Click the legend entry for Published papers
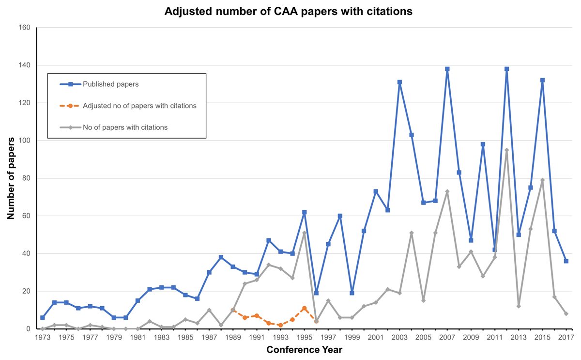point(110,84)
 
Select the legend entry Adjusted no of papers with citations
point(139,106)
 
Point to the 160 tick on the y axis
point(24,28)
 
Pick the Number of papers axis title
point(11,178)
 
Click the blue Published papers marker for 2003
point(399,82)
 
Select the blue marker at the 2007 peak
point(447,69)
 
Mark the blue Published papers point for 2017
point(566,261)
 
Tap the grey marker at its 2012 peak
point(506,150)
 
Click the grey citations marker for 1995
point(304,233)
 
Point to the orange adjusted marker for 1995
point(304,308)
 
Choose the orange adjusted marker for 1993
point(280,325)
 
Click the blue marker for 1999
point(352,293)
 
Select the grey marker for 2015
point(542,180)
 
